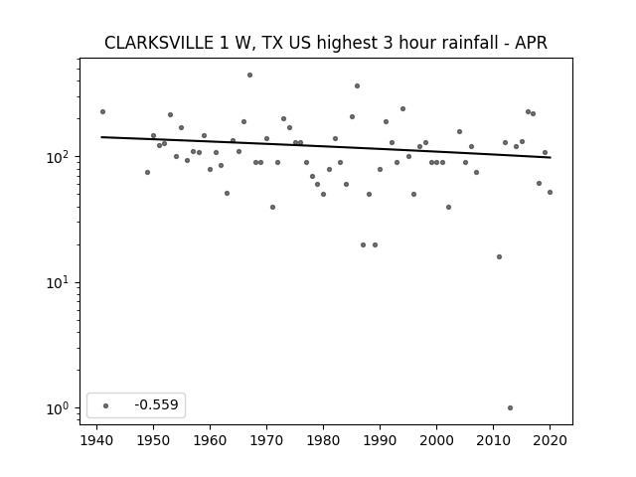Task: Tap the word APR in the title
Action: coord(532,43)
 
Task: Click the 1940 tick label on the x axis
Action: coord(96,440)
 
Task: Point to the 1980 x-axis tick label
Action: coord(323,440)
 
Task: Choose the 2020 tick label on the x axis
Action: coord(550,440)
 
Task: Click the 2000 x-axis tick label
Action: coord(437,440)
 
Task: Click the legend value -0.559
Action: coord(156,404)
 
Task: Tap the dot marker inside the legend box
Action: coord(106,405)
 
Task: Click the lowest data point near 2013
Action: coord(510,408)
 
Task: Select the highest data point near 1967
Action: coord(249,76)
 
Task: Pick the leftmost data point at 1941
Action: coord(102,112)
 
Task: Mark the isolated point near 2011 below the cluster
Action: coord(499,256)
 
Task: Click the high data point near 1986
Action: coord(358,86)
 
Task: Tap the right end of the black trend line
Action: coord(551,157)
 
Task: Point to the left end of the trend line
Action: coord(101,137)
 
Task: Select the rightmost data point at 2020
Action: coord(550,192)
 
